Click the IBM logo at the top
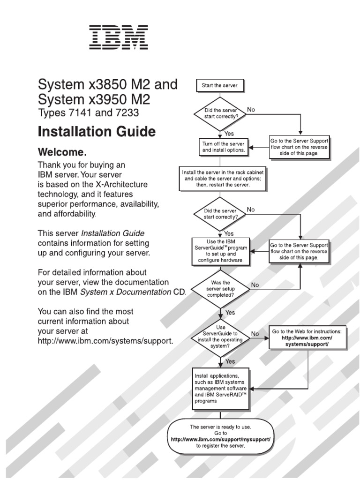tap(119, 37)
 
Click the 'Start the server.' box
tap(220, 85)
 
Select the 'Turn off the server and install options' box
tap(223, 147)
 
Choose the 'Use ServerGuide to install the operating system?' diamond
tap(220, 337)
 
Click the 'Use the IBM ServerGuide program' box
tap(220, 252)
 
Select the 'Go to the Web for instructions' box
tap(307, 337)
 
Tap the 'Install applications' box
tap(221, 389)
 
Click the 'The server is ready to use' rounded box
tap(220, 436)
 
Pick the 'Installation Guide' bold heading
tap(96, 132)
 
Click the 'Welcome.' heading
tap(62, 152)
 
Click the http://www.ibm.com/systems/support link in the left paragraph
tap(105, 341)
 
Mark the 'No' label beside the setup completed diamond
tap(255, 285)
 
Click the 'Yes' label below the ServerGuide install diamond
tap(230, 361)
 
